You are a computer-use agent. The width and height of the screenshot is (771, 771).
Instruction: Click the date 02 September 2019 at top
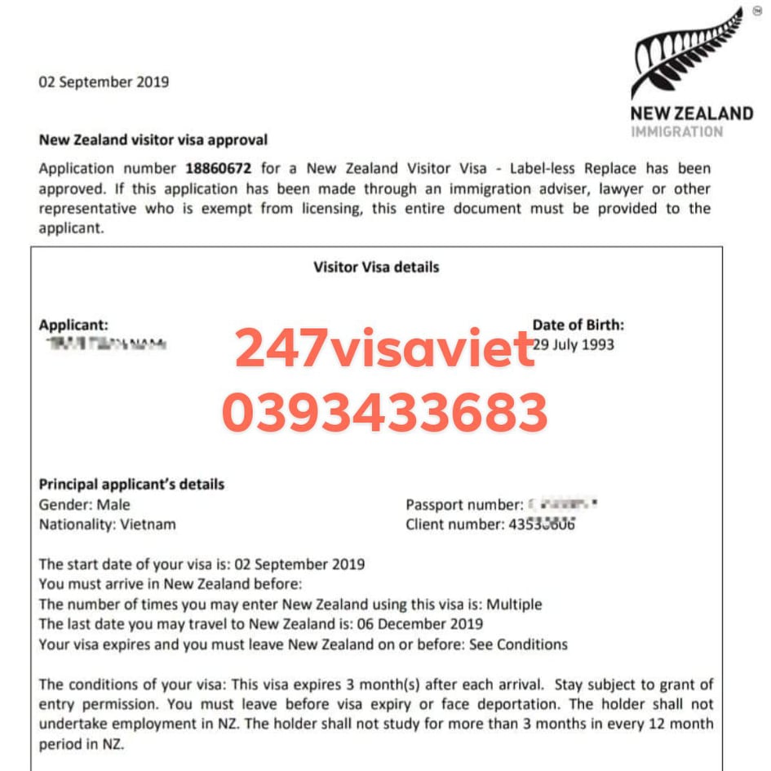pyautogui.click(x=104, y=82)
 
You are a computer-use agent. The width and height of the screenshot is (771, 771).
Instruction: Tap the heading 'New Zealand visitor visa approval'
pyautogui.click(x=153, y=140)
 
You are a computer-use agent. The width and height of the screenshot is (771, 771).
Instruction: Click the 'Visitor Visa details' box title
pyautogui.click(x=376, y=267)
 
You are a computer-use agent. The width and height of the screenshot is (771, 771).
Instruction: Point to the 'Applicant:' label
pyautogui.click(x=73, y=325)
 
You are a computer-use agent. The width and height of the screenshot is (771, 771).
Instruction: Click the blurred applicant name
pyautogui.click(x=106, y=345)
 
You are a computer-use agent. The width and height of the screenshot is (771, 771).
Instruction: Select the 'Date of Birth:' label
pyautogui.click(x=578, y=325)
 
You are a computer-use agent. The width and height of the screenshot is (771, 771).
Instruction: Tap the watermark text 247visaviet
pyautogui.click(x=384, y=350)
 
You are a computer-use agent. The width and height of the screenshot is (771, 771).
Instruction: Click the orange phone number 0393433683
pyautogui.click(x=384, y=413)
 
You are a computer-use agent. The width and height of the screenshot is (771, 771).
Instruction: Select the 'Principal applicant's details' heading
pyautogui.click(x=131, y=484)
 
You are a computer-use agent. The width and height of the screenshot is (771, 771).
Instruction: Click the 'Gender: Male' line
pyautogui.click(x=85, y=504)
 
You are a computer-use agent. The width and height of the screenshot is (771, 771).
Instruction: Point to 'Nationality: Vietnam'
pyautogui.click(x=107, y=524)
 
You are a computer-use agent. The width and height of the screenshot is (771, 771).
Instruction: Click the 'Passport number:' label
pyautogui.click(x=464, y=505)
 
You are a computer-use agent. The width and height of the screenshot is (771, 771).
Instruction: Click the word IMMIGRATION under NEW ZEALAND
pyautogui.click(x=676, y=131)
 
